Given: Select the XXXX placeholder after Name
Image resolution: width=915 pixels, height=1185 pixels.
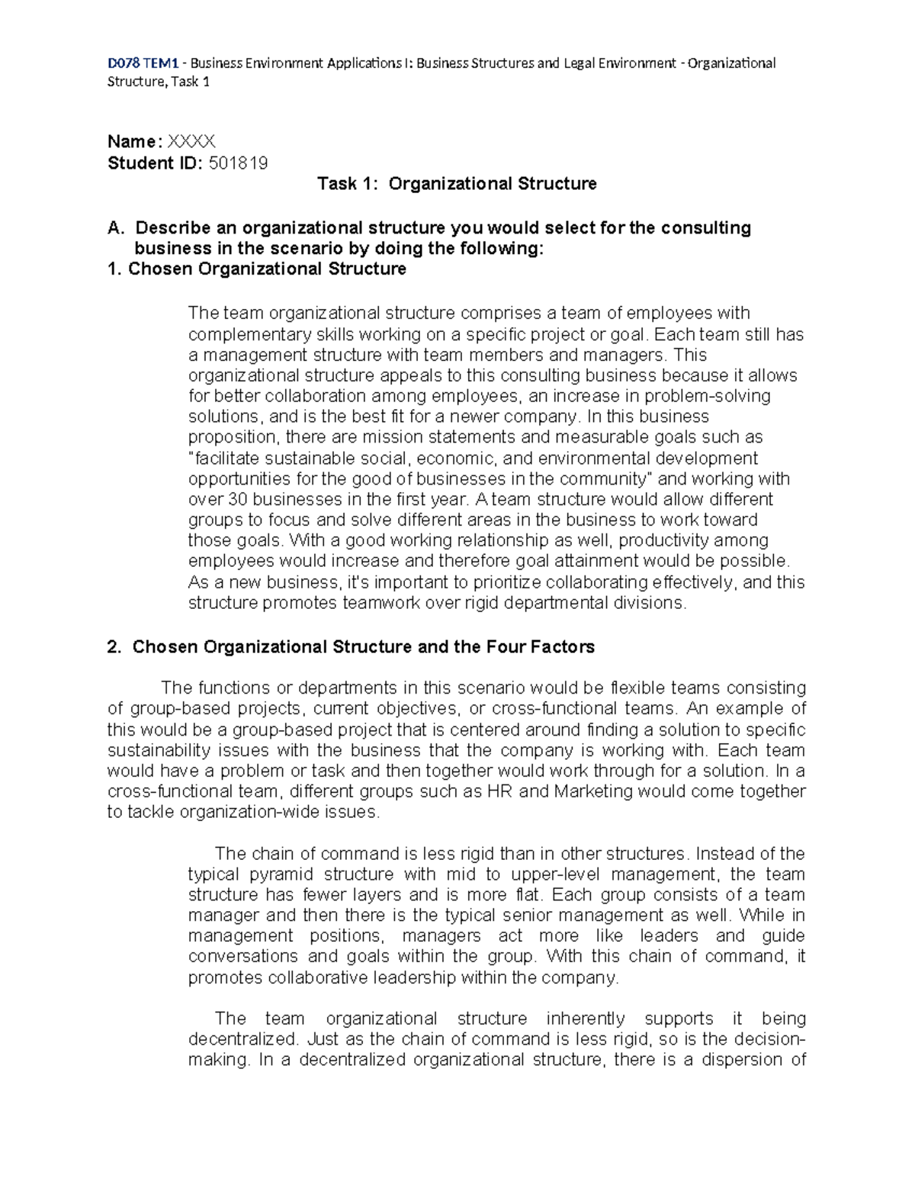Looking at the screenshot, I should tap(191, 141).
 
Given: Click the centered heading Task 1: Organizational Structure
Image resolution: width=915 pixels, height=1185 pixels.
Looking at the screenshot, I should tap(457, 184).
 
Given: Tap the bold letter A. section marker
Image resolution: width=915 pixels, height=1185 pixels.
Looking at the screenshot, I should tap(115, 228).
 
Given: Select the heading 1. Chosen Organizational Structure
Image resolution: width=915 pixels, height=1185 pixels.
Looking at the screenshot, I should tap(257, 269).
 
